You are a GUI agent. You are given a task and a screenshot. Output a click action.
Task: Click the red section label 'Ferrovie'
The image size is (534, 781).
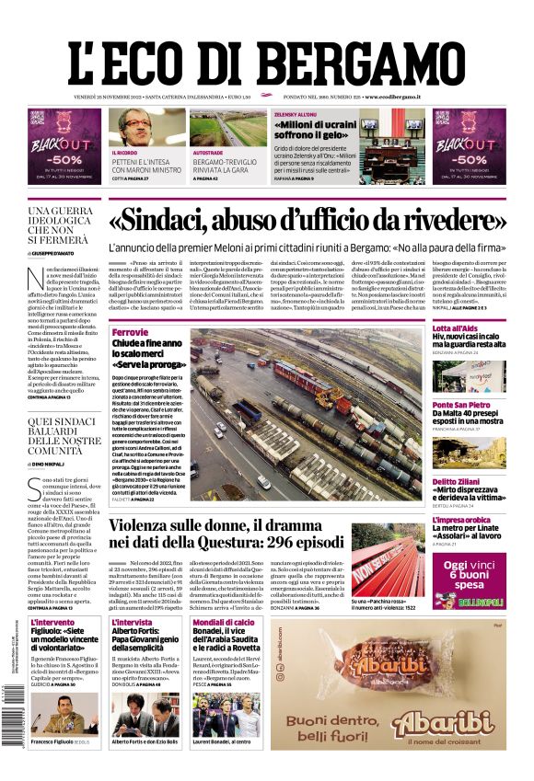[x=130, y=331]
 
